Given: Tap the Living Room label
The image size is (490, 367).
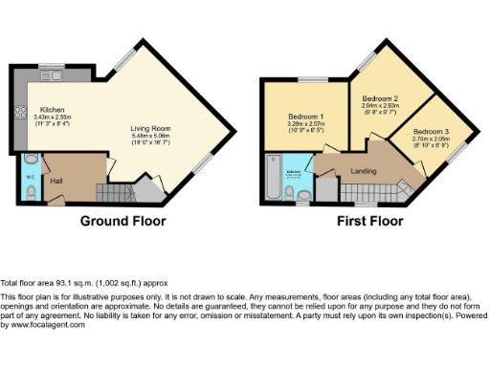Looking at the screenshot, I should [150, 129].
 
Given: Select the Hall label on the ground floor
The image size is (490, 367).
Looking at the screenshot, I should [57, 180].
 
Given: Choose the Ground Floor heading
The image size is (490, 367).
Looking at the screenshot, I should [122, 221].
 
